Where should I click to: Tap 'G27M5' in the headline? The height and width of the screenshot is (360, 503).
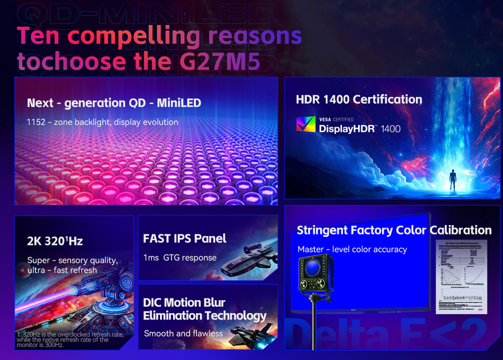tap(219, 61)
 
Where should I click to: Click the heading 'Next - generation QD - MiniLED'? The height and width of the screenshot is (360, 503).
tap(114, 103)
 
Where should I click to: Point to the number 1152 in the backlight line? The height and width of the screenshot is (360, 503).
tap(36, 122)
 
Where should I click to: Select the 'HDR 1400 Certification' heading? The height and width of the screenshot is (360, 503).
tap(359, 100)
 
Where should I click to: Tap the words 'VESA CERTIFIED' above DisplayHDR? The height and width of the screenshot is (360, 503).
tap(336, 119)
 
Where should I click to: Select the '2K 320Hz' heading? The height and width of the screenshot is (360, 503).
tap(55, 241)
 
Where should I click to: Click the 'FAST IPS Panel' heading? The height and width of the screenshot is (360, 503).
tap(185, 239)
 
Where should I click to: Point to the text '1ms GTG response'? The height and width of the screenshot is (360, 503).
tap(180, 257)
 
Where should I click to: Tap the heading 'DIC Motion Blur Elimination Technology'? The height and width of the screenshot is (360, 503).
tap(204, 309)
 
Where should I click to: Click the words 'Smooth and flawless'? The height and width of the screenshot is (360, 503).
tap(183, 333)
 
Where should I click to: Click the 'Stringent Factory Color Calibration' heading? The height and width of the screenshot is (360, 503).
tap(394, 230)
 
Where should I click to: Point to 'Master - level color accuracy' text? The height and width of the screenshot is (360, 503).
tap(352, 250)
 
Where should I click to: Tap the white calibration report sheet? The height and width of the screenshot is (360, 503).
tap(461, 276)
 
